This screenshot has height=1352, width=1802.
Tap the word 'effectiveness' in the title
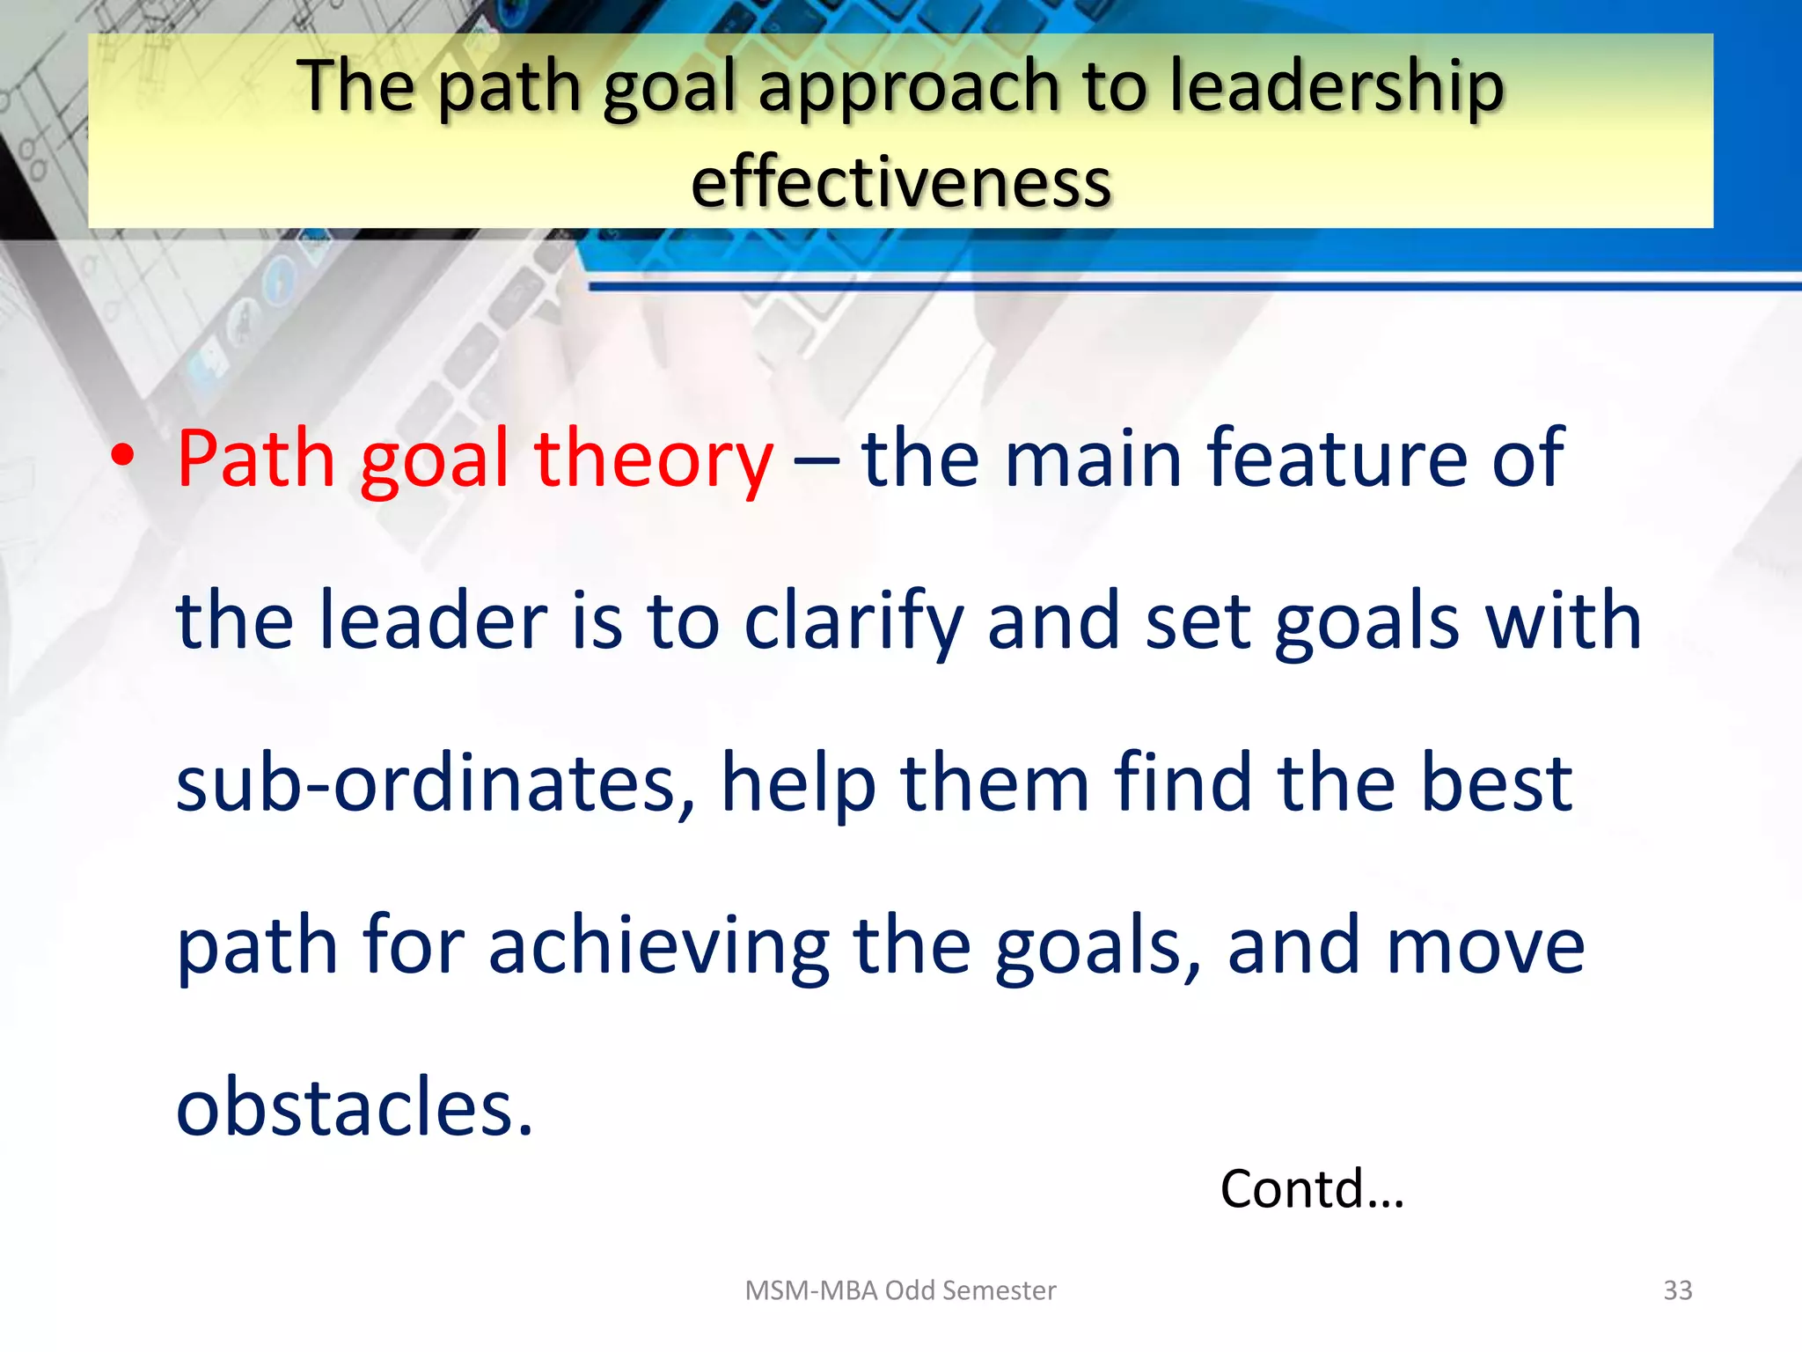tap(901, 182)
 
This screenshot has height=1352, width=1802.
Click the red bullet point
tap(123, 456)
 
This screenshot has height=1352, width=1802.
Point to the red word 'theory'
tap(653, 459)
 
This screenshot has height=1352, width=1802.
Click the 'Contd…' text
tap(1311, 1189)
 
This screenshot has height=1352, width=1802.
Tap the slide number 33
tap(1677, 1290)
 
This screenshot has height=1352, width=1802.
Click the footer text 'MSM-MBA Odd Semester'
tap(900, 1290)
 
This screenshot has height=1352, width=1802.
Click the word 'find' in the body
tap(1183, 783)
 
